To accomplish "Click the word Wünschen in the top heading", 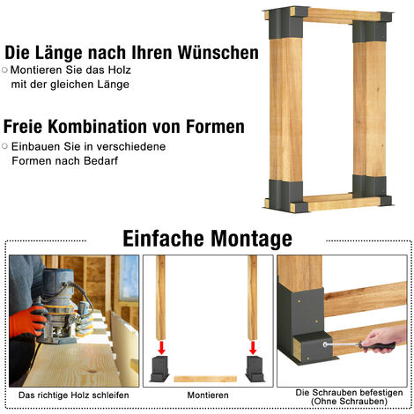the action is pyautogui.click(x=218, y=53).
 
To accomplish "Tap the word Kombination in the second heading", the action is pyautogui.click(x=98, y=127).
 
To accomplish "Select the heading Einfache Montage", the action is pyautogui.click(x=207, y=239).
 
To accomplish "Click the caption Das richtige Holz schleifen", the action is pyautogui.click(x=74, y=396).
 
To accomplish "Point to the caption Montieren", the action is pyautogui.click(x=208, y=396).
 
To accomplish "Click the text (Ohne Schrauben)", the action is pyautogui.click(x=349, y=402).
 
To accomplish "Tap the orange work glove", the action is pyautogui.click(x=27, y=322).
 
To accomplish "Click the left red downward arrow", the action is pyautogui.click(x=161, y=347).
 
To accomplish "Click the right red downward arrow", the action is pyautogui.click(x=253, y=347).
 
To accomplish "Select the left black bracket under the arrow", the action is pyautogui.click(x=159, y=369).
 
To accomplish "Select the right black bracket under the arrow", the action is pyautogui.click(x=255, y=369).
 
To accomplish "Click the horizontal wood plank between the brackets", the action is pyautogui.click(x=205, y=379).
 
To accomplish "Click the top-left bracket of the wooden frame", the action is pyautogui.click(x=285, y=23).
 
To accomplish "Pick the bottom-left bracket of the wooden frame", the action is pyautogui.click(x=285, y=196).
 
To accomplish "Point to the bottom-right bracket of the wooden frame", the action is pyautogui.click(x=372, y=190).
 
